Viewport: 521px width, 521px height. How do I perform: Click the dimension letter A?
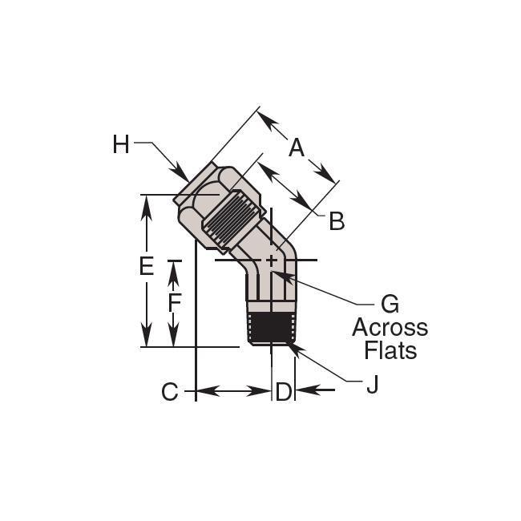(x=297, y=147)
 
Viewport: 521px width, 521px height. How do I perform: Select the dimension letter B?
(x=337, y=221)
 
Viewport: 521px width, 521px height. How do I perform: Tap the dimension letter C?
(x=170, y=391)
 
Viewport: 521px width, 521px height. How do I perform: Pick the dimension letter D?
(x=284, y=391)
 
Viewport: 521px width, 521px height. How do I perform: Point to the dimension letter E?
(x=147, y=266)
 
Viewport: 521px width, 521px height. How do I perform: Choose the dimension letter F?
(x=175, y=302)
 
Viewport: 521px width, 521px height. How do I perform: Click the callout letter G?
(x=390, y=304)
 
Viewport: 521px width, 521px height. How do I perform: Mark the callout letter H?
(x=120, y=144)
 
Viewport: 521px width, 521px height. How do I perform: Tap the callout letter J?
(x=373, y=385)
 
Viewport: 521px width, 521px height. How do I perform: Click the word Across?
(x=390, y=328)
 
